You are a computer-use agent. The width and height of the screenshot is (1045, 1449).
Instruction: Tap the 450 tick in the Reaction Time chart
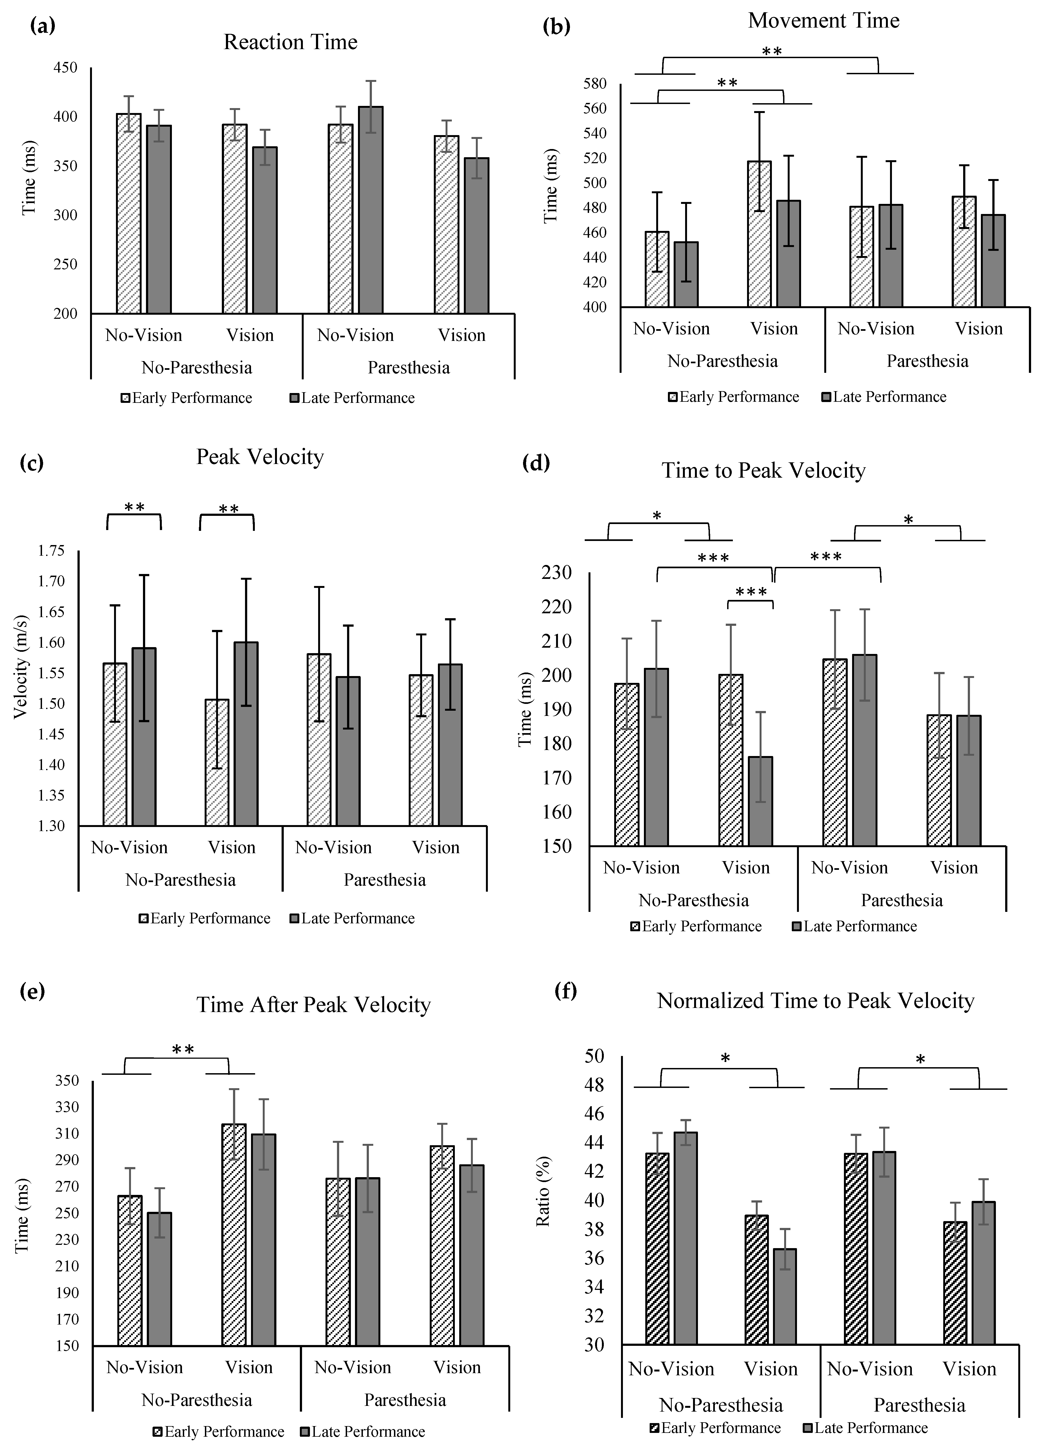(64, 68)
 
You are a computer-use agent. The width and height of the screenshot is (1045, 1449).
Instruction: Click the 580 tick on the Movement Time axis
(595, 84)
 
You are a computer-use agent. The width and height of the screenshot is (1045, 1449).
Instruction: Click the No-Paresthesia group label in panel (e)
(197, 1400)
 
